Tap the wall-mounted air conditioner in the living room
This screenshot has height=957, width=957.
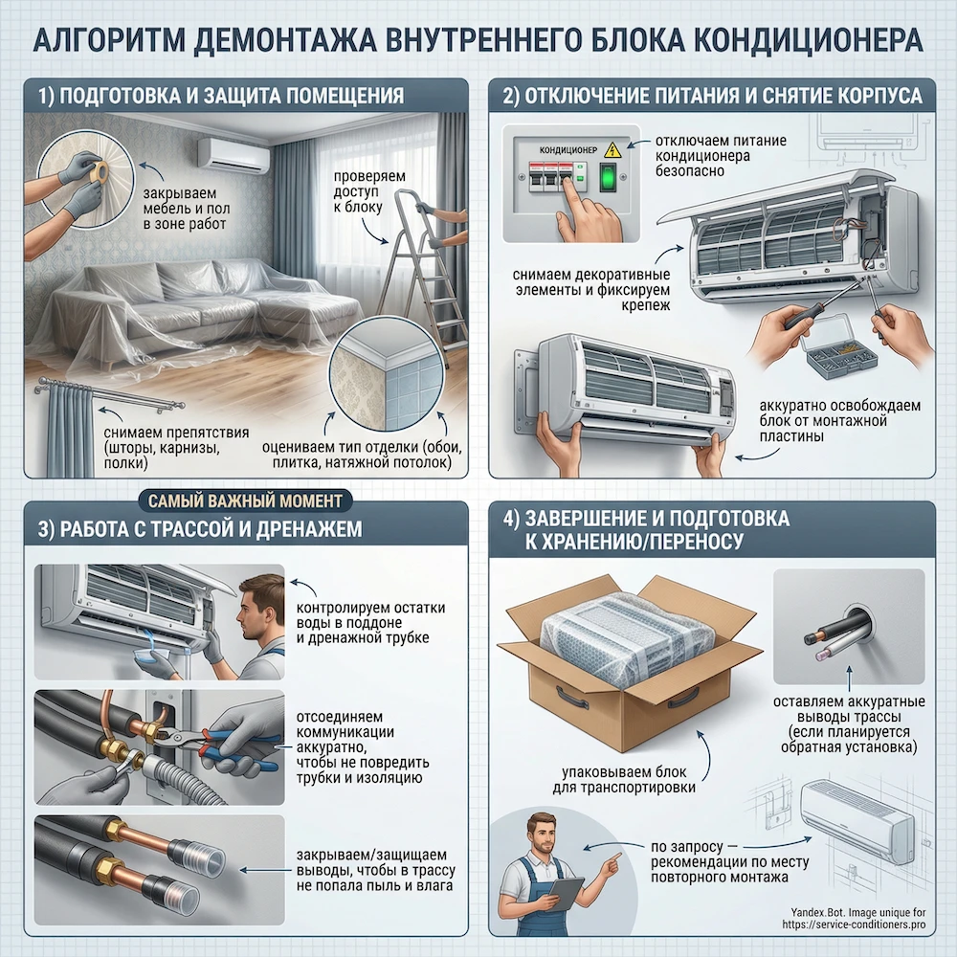click(234, 154)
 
